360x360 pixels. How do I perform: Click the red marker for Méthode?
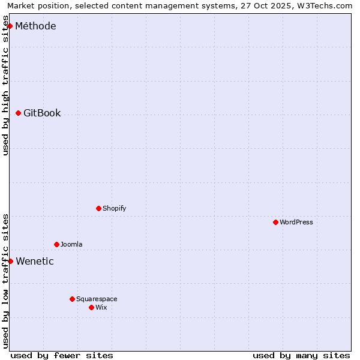10,26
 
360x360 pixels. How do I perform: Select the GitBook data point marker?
18,113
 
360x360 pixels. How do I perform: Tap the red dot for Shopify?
98,208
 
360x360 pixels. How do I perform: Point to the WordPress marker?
275,222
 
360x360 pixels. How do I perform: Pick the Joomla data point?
56,244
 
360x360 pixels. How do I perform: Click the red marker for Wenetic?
10,261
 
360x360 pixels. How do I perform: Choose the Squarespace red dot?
72,299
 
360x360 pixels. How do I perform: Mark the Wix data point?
91,307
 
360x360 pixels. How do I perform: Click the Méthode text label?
35,26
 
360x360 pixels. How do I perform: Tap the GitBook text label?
42,113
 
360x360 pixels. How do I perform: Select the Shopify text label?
114,208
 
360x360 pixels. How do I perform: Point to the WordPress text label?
296,222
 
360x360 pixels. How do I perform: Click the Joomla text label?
71,244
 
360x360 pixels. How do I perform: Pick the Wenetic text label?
35,261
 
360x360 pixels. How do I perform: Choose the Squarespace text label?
97,299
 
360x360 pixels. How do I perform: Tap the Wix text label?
101,307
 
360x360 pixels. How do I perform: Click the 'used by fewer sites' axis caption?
62,355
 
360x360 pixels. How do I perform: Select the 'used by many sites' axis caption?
301,355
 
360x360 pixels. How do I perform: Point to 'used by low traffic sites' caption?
6,281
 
